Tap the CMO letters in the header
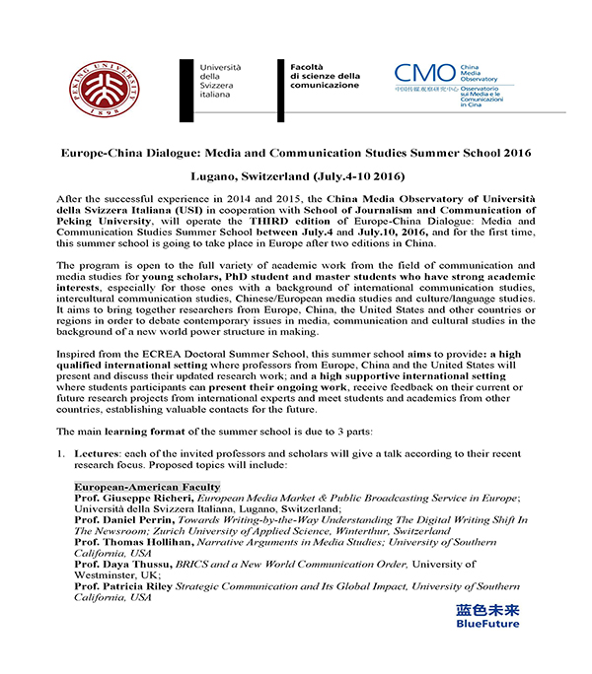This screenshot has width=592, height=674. (x=425, y=74)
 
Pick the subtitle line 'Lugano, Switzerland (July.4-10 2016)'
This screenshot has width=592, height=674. (x=295, y=178)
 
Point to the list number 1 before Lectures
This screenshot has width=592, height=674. (x=60, y=454)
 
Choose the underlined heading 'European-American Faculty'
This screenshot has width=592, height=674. (x=147, y=487)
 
